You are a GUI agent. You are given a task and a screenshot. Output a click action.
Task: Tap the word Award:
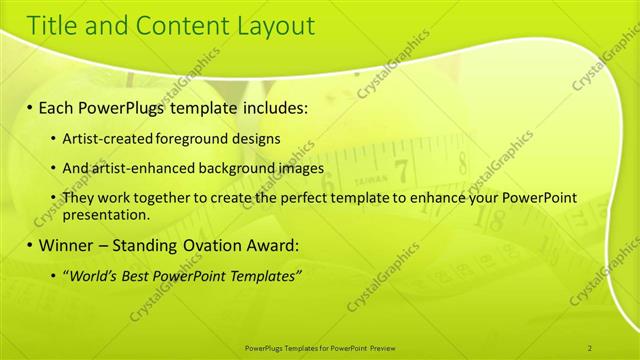271,245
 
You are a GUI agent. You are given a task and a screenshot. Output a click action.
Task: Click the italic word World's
92,275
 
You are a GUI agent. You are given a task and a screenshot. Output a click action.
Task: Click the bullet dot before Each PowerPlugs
30,106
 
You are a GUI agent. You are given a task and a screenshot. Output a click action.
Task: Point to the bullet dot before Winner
30,245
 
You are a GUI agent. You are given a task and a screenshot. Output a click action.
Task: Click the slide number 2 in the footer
590,347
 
